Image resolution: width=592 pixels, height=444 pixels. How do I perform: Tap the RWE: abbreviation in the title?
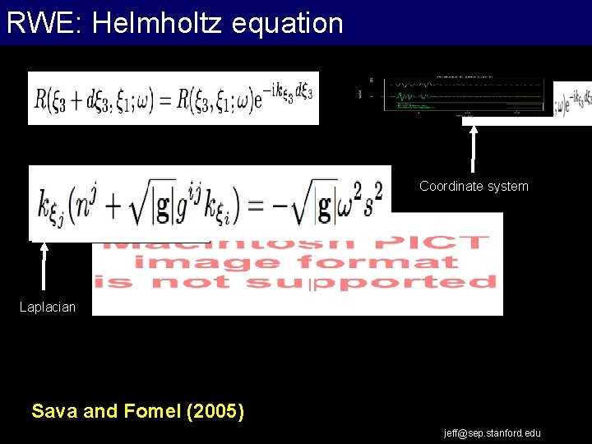[x=44, y=22]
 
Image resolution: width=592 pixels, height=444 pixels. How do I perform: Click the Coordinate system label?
[x=474, y=187]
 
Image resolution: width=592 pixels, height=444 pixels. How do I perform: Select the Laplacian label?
[x=48, y=308]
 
